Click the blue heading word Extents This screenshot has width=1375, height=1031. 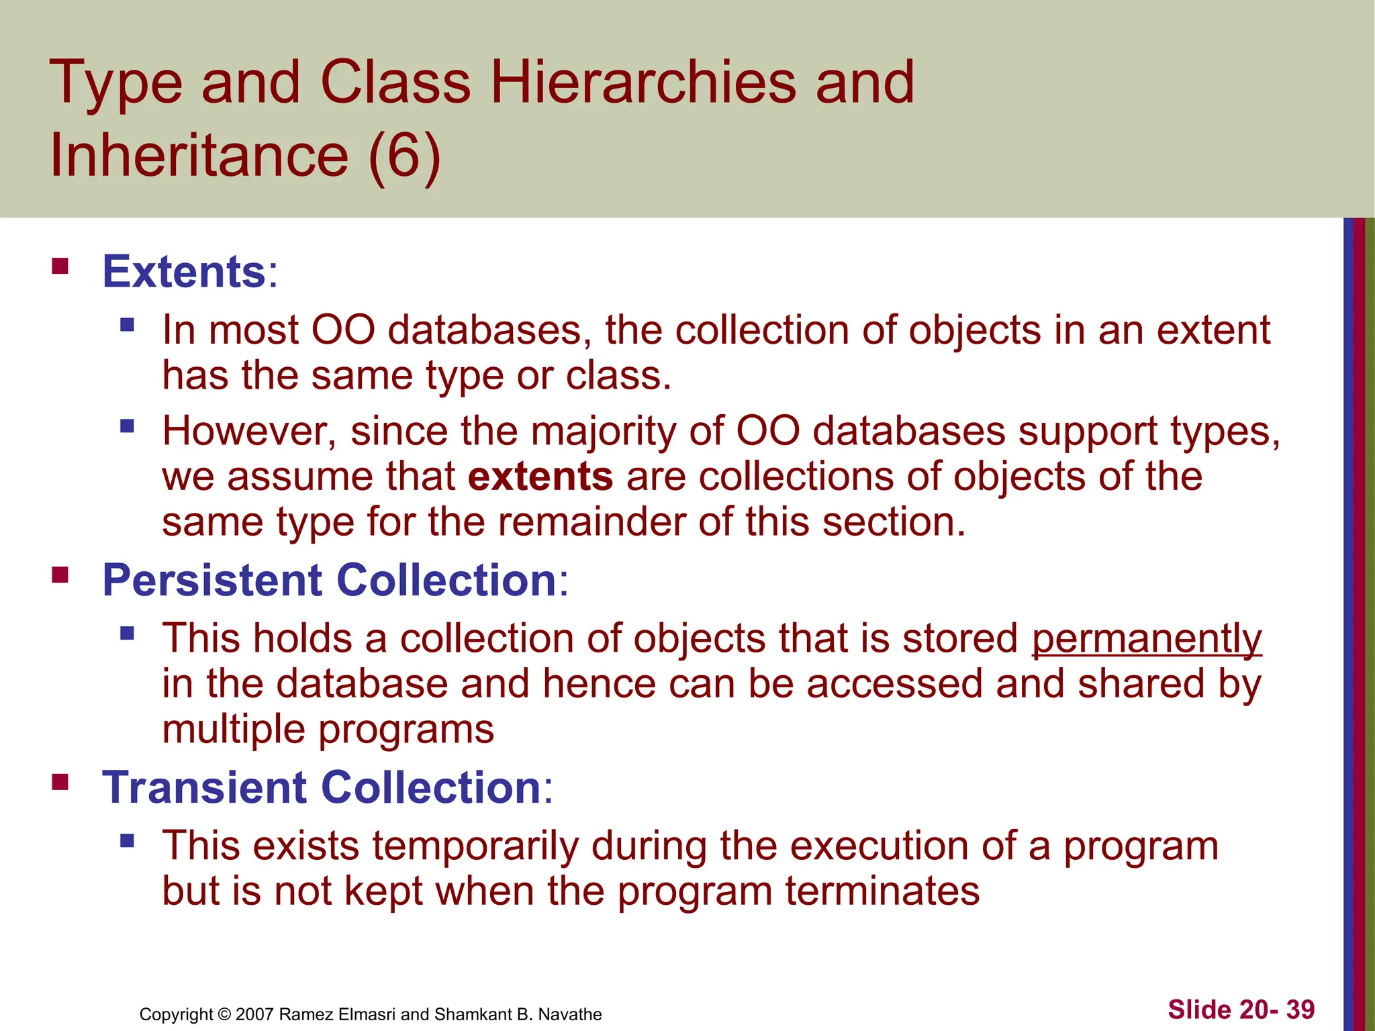(x=184, y=272)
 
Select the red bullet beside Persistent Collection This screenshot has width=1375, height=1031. (x=60, y=575)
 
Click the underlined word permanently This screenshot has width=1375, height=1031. (x=1146, y=638)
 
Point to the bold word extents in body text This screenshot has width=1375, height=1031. (x=540, y=477)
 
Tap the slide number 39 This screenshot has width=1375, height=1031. (x=1300, y=1010)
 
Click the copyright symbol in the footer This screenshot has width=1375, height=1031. (x=224, y=1014)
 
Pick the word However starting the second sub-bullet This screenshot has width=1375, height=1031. (x=248, y=431)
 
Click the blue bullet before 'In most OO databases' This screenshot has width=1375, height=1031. (x=127, y=326)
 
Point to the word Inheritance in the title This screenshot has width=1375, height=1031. (x=199, y=155)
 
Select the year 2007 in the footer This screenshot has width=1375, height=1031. (x=254, y=1014)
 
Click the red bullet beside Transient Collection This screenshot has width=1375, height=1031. (x=60, y=782)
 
